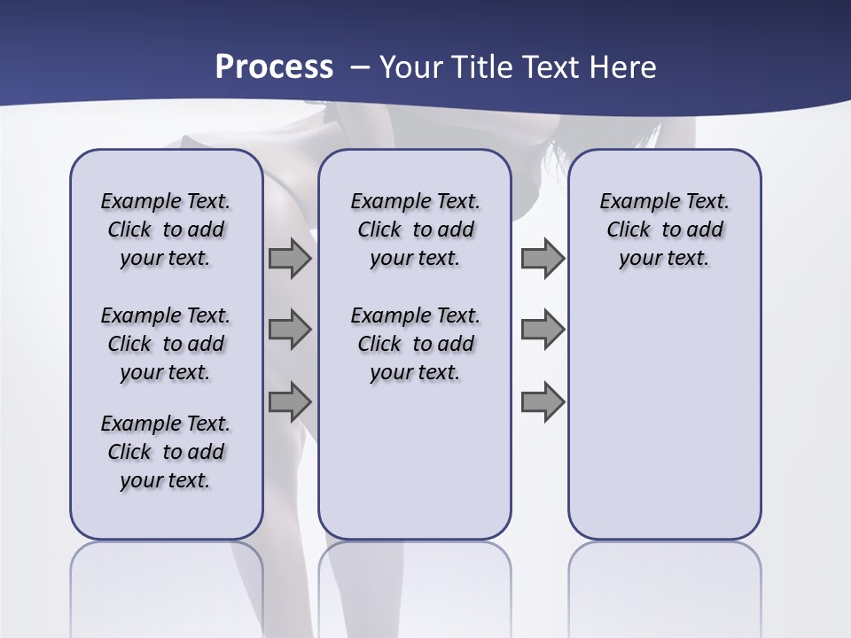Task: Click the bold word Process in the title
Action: pyautogui.click(x=274, y=67)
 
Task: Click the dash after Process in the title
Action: pyautogui.click(x=360, y=67)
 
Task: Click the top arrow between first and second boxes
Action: pyautogui.click(x=290, y=259)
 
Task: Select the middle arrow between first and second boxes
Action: pyautogui.click(x=290, y=331)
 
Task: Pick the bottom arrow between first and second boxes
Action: pyautogui.click(x=290, y=401)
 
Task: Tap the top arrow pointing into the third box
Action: pyautogui.click(x=543, y=259)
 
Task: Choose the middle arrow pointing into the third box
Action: pyautogui.click(x=543, y=331)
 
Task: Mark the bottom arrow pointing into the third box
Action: pyautogui.click(x=543, y=401)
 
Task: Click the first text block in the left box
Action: pyautogui.click(x=166, y=230)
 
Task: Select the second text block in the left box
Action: pyautogui.click(x=166, y=344)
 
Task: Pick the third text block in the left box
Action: pyautogui.click(x=166, y=452)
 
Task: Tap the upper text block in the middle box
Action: pyautogui.click(x=415, y=230)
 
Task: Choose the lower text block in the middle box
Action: pyautogui.click(x=415, y=344)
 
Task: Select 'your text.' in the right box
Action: pyautogui.click(x=664, y=259)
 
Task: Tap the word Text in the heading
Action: pyautogui.click(x=550, y=67)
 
